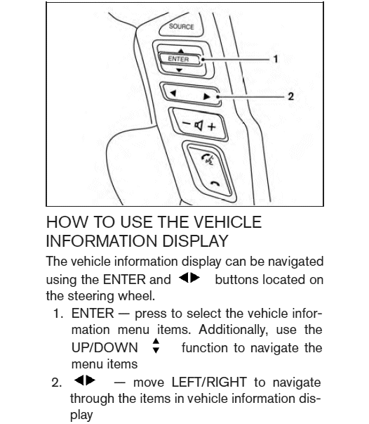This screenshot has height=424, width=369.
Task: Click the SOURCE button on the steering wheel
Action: tap(181, 27)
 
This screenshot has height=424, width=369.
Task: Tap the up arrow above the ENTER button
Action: tap(181, 51)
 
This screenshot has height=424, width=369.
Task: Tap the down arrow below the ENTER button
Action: tap(179, 70)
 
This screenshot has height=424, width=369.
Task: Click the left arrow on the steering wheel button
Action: tap(173, 93)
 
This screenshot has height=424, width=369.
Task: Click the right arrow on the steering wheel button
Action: tap(207, 96)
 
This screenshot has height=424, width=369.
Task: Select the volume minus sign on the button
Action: tap(187, 124)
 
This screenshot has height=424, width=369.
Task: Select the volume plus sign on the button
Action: tap(212, 127)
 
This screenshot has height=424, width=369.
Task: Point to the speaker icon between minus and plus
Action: tap(199, 125)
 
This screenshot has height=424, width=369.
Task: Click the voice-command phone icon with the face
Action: tap(208, 160)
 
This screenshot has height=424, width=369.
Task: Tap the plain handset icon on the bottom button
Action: tap(215, 184)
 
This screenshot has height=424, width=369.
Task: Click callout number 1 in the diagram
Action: tap(276, 58)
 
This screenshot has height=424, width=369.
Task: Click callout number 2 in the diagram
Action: tap(290, 96)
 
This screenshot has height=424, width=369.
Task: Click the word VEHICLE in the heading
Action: tap(228, 222)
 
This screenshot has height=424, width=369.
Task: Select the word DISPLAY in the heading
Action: tap(196, 240)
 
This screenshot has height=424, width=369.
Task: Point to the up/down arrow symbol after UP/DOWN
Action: tap(156, 345)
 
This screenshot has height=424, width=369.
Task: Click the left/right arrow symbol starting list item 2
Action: tap(85, 380)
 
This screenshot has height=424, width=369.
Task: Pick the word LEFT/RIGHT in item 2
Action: tap(209, 383)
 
